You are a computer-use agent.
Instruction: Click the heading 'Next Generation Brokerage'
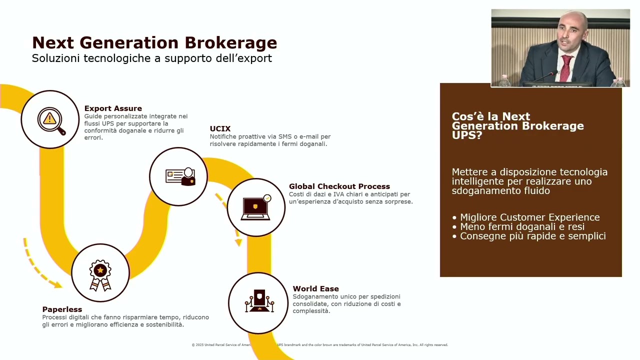pos(154,43)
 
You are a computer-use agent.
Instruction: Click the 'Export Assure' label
pos(113,108)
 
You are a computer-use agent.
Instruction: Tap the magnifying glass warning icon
pos(51,120)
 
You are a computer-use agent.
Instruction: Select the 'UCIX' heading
pos(220,129)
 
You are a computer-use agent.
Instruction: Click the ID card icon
pos(180,177)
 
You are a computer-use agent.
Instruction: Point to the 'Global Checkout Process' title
pos(339,186)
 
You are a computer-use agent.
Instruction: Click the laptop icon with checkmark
pos(256,207)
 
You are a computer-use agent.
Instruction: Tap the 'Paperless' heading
pos(62,309)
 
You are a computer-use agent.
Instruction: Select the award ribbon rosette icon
pos(100,275)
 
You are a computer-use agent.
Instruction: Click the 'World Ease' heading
pos(315,289)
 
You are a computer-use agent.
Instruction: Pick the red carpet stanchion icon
pos(259,301)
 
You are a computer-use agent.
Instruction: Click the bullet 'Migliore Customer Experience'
pos(526,217)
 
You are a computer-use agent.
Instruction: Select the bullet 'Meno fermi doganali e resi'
pos(518,227)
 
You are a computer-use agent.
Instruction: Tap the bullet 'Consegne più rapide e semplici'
pos(529,236)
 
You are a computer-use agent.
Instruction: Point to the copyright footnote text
pos(319,345)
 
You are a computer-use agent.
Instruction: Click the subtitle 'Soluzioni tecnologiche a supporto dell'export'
pos(151,58)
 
